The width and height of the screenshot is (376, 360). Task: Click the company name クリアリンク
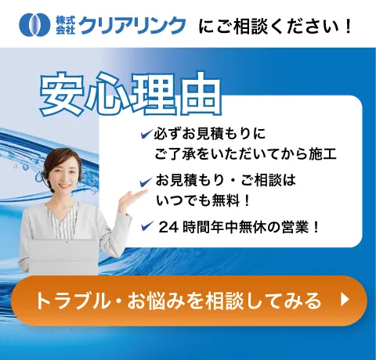(x=132, y=25)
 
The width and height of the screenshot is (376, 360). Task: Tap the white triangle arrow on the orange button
(x=344, y=299)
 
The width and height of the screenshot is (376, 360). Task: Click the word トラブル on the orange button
(x=67, y=300)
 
